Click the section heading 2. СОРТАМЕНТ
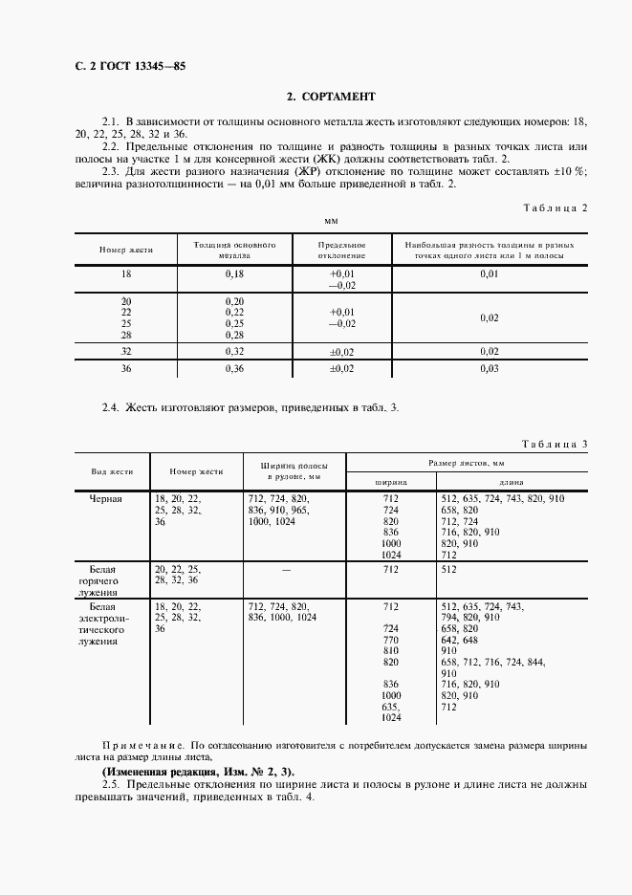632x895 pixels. (332, 97)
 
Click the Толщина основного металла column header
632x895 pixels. (234, 251)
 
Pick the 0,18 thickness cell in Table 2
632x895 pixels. (234, 274)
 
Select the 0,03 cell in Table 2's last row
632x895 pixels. (489, 369)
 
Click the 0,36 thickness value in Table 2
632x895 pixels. (234, 369)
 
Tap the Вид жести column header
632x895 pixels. (112, 471)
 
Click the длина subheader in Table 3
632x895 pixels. (511, 482)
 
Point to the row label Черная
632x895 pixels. (106, 499)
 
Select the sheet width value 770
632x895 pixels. (390, 639)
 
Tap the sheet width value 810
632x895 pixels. (390, 650)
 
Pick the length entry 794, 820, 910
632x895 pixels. (470, 617)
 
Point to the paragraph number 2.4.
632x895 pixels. (111, 407)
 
